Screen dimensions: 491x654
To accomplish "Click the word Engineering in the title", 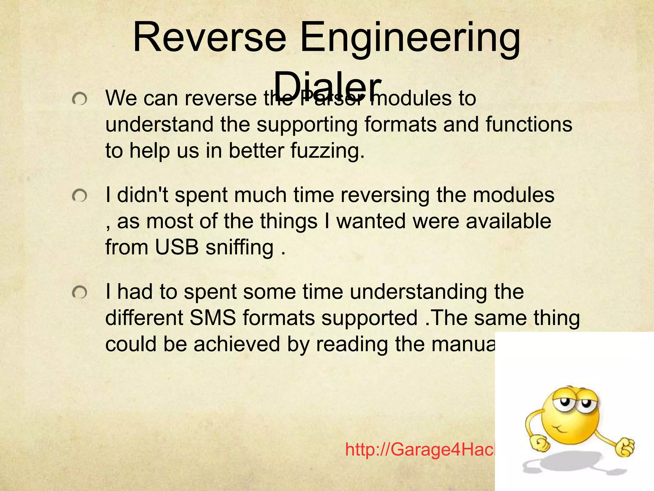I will pos(410,40).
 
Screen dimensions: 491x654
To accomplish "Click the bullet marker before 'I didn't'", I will pos(79,196).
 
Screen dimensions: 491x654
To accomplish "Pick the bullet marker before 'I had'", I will pos(79,292).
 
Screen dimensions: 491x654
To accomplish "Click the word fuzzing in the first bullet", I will pos(327,151).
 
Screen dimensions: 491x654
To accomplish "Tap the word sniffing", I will pos(240,248).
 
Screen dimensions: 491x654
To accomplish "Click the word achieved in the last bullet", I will pos(237,344).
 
